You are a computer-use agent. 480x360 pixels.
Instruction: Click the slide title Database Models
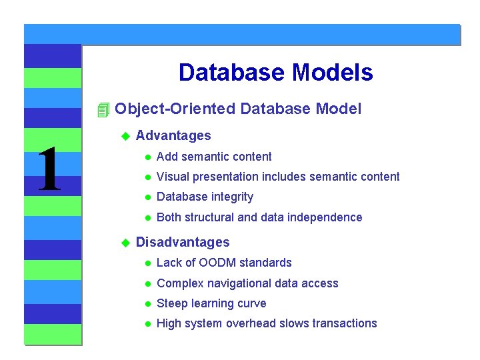[x=275, y=72]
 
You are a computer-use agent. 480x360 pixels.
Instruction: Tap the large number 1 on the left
[x=48, y=171]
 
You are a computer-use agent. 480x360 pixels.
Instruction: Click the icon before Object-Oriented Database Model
[x=102, y=109]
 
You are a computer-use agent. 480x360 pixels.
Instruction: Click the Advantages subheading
[x=173, y=136]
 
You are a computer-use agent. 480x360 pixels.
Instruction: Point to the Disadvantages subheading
[x=182, y=243]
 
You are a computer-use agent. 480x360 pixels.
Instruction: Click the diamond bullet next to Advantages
[x=123, y=136]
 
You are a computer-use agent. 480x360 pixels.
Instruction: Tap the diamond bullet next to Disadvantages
[x=123, y=243]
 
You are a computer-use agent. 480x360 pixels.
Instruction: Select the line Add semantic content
[x=213, y=157]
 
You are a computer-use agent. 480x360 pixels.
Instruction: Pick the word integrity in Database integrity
[x=232, y=197]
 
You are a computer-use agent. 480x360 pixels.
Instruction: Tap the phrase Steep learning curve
[x=211, y=303]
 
